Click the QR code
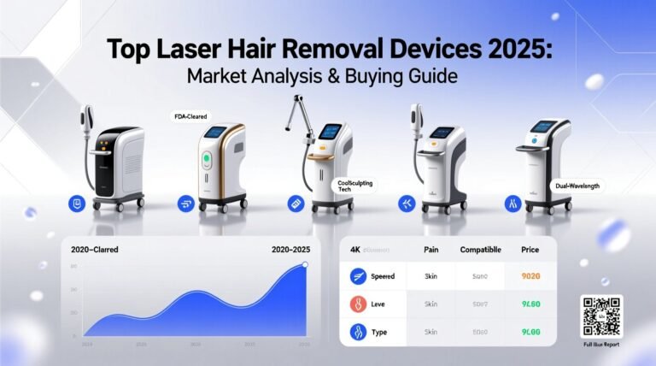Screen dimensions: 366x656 pyautogui.click(x=601, y=316)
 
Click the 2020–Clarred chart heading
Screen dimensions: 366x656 pyautogui.click(x=95, y=250)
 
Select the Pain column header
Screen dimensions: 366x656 pyautogui.click(x=431, y=250)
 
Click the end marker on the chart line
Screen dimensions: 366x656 pyautogui.click(x=306, y=265)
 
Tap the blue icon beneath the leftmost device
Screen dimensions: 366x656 pyautogui.click(x=78, y=203)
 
